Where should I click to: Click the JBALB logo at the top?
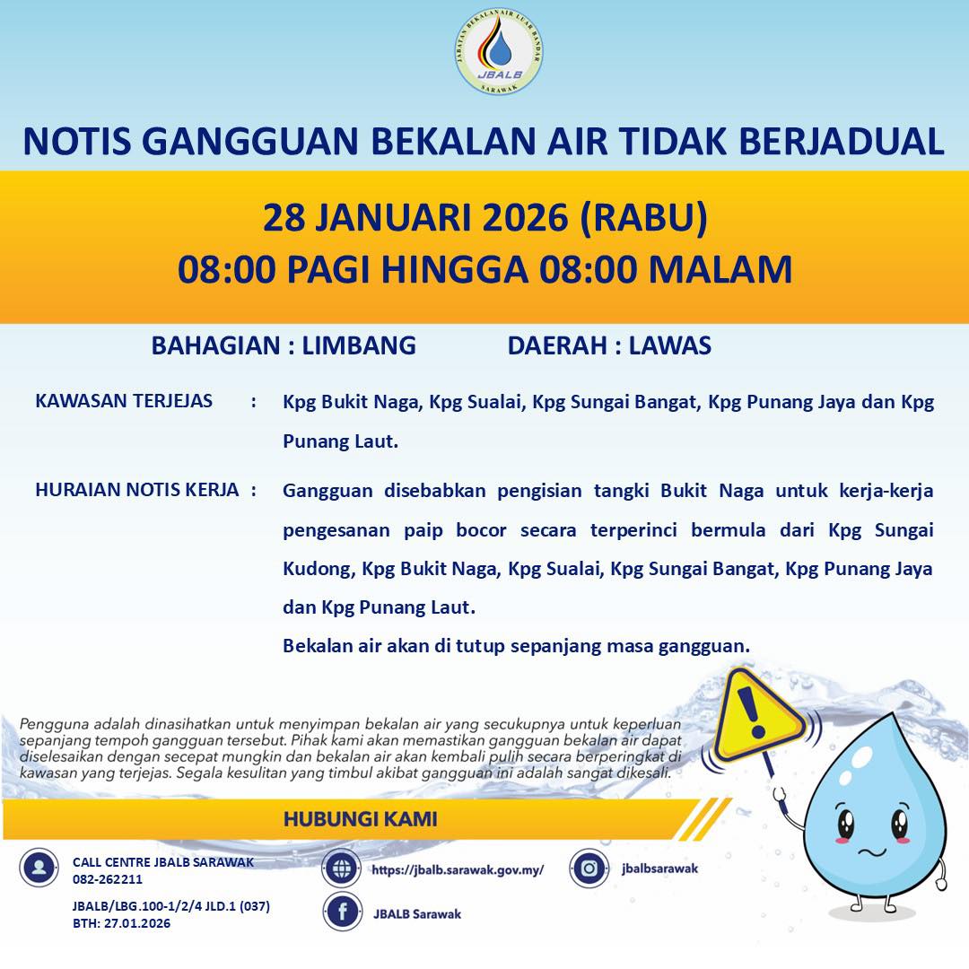click(499, 52)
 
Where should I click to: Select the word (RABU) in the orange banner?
click(643, 217)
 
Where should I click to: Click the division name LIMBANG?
click(359, 345)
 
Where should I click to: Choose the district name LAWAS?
click(670, 345)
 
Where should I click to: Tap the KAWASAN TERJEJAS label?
click(124, 400)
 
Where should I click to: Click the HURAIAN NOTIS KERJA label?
click(136, 490)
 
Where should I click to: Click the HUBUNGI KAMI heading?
click(361, 819)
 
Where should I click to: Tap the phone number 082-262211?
click(108, 879)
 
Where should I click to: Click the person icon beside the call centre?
click(39, 868)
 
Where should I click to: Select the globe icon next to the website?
click(342, 869)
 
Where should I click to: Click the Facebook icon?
click(342, 912)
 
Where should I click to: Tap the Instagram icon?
click(589, 868)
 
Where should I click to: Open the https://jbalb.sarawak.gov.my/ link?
click(458, 869)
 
